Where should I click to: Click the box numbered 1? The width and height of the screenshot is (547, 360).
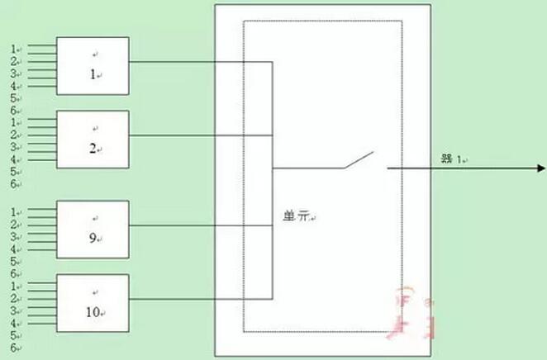pos(93,64)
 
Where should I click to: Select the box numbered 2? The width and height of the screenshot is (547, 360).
pos(93,138)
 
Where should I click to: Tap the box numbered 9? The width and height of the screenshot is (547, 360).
pos(93,228)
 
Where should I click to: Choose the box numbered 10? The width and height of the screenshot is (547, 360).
pos(93,301)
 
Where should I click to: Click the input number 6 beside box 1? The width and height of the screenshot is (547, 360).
pos(14,111)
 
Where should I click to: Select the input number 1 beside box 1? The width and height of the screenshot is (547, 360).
pos(14,48)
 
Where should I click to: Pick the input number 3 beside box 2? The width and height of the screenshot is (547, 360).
pos(14,147)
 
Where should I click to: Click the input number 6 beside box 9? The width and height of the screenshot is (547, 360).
pos(14,273)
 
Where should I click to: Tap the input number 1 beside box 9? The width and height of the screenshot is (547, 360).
pos(14,211)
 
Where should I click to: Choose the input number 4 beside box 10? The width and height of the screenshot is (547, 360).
pos(14,324)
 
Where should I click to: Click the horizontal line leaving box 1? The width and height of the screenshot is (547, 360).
pos(198,61)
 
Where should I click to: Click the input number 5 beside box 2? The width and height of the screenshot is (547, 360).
pos(14,172)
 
